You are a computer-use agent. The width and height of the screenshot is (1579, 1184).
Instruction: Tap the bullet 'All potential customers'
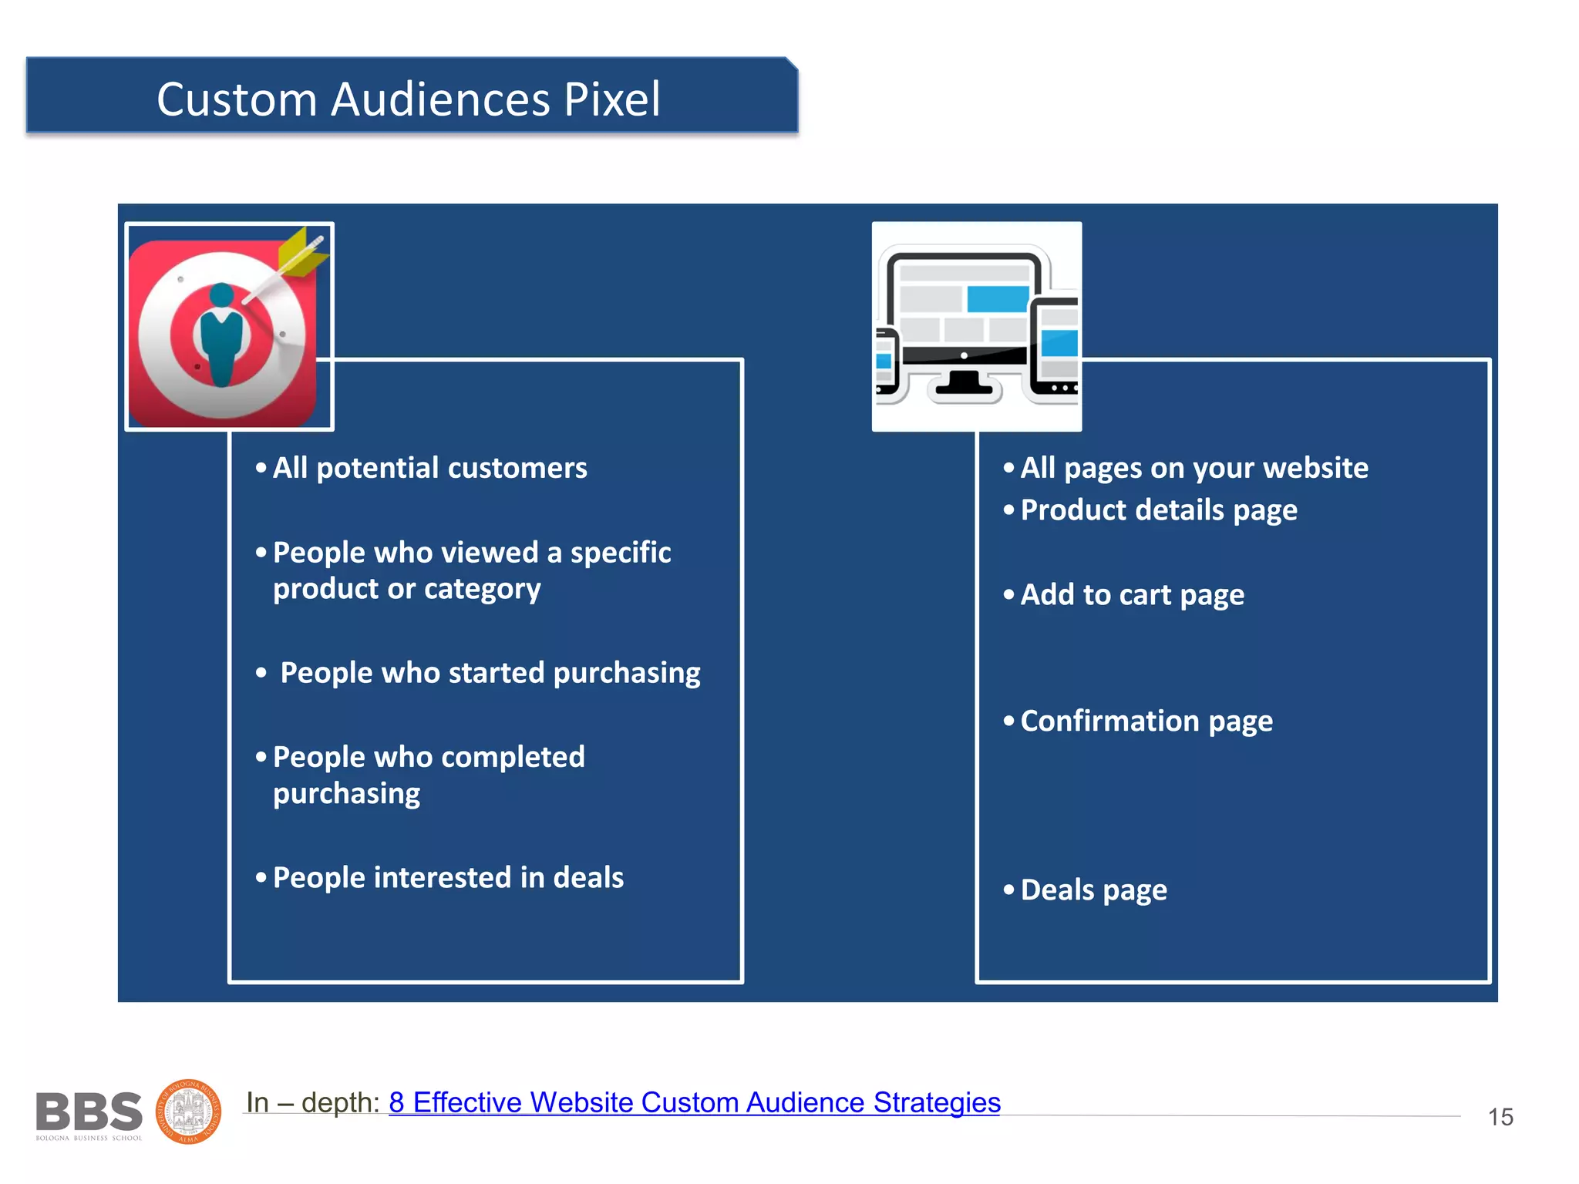pos(429,468)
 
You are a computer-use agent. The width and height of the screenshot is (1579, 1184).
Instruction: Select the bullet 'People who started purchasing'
pos(490,673)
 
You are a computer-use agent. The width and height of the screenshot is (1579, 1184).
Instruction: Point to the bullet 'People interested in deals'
pos(448,878)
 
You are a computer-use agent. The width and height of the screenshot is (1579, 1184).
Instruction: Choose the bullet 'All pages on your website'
pos(1194,468)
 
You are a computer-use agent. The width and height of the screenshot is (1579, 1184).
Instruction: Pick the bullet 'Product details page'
pos(1158,510)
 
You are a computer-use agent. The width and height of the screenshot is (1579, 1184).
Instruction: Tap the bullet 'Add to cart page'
pos(1132,595)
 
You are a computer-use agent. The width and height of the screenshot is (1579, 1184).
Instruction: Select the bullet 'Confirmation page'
pos(1146,721)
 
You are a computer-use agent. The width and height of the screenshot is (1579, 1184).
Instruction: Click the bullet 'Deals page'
pos(1093,890)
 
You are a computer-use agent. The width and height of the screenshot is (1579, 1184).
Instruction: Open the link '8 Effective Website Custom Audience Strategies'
pos(694,1102)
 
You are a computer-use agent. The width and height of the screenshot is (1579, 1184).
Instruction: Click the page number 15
pos(1500,1117)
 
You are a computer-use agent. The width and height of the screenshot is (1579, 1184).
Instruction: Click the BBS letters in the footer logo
pos(89,1112)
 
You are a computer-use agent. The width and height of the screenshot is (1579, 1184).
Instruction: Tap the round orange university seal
pos(189,1112)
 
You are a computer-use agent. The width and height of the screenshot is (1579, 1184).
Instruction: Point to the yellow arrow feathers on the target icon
pos(303,254)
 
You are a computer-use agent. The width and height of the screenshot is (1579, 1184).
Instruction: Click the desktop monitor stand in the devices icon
pos(964,383)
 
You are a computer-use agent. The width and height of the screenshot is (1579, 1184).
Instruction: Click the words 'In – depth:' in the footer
pos(312,1102)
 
